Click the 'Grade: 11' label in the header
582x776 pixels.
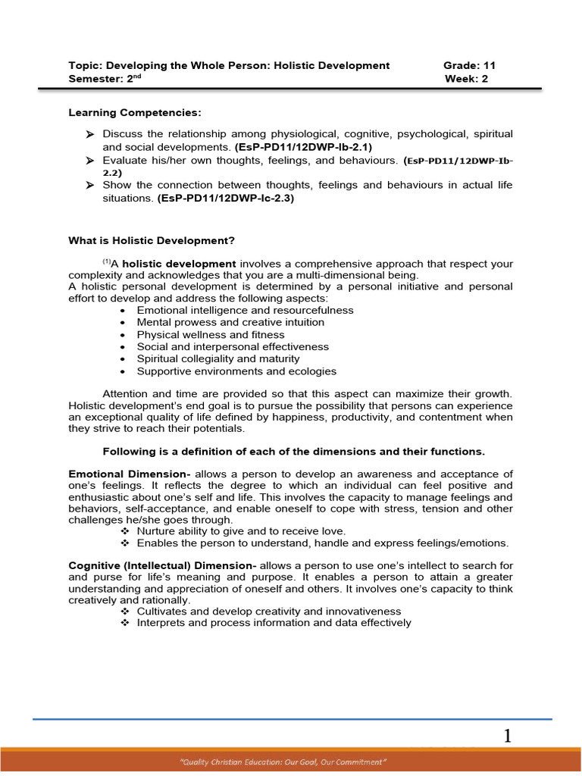(x=469, y=66)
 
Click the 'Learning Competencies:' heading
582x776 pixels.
(x=136, y=113)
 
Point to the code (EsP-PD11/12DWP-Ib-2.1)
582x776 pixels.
(x=299, y=148)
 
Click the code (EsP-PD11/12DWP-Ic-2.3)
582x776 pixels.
(x=225, y=199)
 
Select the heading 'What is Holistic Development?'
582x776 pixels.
(x=152, y=241)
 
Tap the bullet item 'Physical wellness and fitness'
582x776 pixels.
(x=211, y=335)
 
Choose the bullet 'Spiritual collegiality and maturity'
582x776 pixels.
(x=218, y=359)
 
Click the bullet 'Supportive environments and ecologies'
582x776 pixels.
(x=236, y=371)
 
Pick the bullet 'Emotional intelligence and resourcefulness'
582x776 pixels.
(x=245, y=311)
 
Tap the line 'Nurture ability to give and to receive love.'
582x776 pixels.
(x=241, y=531)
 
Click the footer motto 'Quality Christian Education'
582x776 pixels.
(x=291, y=759)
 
